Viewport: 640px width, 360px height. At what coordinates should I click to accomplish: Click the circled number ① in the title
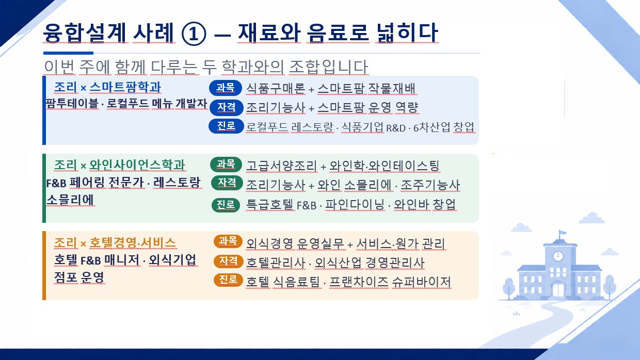[194, 34]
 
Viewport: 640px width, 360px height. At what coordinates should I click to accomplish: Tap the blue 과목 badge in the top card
[226, 88]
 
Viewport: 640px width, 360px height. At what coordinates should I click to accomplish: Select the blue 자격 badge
[226, 107]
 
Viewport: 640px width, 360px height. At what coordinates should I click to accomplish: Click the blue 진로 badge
[226, 126]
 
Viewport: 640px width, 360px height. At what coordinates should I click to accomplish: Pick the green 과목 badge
[226, 164]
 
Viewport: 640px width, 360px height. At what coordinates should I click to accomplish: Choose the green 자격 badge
[227, 183]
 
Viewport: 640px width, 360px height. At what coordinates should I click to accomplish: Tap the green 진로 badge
[226, 205]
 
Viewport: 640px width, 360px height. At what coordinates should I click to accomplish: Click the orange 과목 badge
[228, 241]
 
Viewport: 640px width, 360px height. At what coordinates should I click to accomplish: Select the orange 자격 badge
[228, 261]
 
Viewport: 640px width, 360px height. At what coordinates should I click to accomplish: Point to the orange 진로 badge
[228, 280]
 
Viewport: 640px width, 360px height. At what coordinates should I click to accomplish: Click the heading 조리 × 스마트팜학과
[107, 87]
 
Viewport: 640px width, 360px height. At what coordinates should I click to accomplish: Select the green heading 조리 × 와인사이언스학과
[119, 165]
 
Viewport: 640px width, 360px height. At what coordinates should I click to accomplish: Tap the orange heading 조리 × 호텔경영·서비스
[115, 243]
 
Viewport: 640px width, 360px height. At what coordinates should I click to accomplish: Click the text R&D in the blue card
[396, 128]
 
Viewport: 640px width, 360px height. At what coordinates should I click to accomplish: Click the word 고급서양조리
[281, 166]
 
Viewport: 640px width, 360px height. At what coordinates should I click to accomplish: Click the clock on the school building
[558, 256]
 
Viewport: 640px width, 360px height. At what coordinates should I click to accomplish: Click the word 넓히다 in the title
[407, 33]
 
